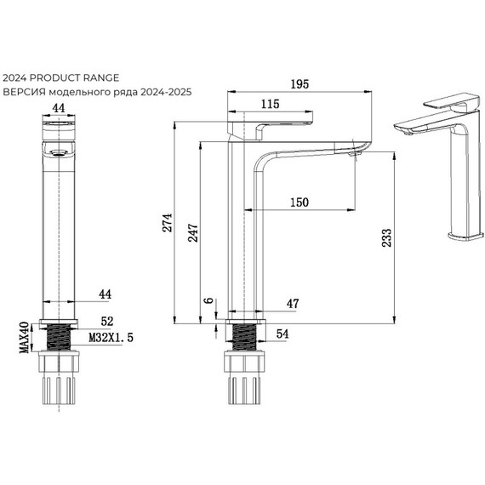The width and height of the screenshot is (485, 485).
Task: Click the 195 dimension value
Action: (x=299, y=83)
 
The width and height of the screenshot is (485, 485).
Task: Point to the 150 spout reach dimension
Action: (x=299, y=202)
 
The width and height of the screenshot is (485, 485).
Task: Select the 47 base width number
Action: (x=293, y=303)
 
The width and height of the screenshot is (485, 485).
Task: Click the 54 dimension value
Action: (x=282, y=334)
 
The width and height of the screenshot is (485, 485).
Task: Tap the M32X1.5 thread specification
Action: (x=111, y=338)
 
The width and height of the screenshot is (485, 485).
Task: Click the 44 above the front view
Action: (x=59, y=108)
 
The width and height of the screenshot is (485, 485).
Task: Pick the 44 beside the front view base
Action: (x=106, y=294)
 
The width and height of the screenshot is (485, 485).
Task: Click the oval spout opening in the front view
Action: (x=58, y=152)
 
